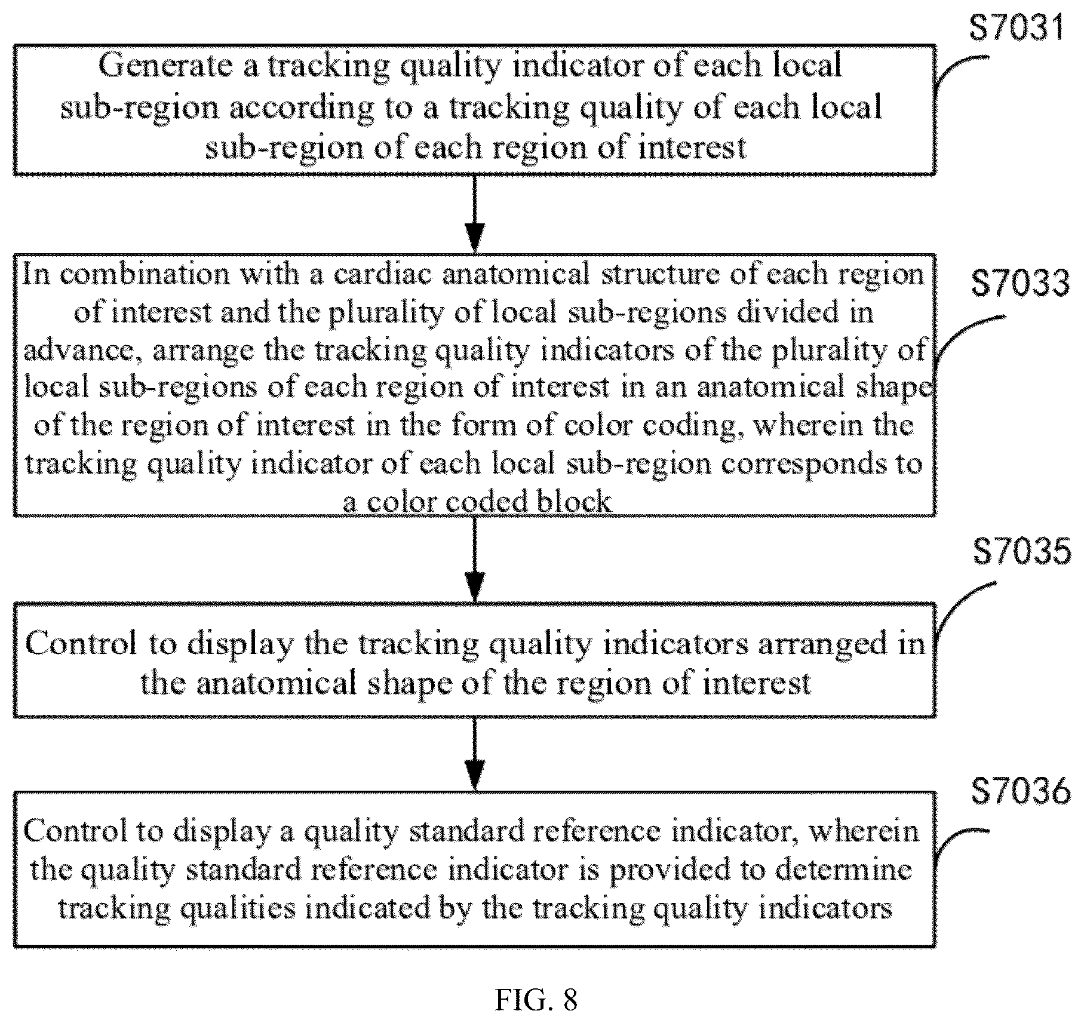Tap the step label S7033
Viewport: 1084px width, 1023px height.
[x=1021, y=282]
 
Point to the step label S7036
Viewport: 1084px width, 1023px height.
[x=1021, y=791]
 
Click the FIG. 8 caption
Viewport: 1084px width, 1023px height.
[x=536, y=999]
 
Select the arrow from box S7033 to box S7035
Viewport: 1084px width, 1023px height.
[x=474, y=559]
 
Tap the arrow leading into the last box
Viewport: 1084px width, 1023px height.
[x=474, y=754]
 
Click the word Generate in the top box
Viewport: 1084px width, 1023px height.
[x=165, y=65]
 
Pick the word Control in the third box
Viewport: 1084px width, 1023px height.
[x=81, y=643]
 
